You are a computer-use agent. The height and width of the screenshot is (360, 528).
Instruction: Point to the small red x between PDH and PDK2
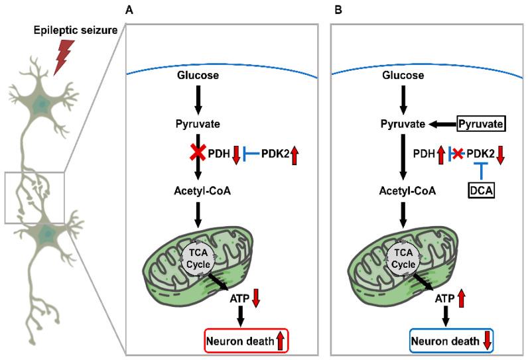tap(456, 154)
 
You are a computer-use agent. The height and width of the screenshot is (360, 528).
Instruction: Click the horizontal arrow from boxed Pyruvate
tap(442, 123)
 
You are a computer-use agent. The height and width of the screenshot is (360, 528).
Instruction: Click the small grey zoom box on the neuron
tap(35, 198)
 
